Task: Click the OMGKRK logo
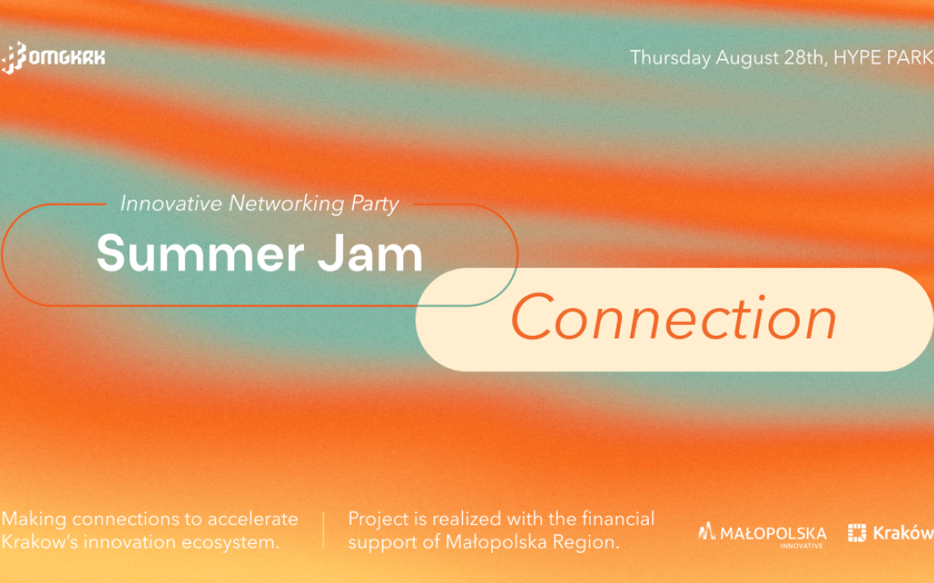(52, 57)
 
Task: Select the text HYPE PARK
(882, 57)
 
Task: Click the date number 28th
(803, 57)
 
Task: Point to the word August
(747, 58)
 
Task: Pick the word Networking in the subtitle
(287, 204)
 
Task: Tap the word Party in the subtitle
(374, 204)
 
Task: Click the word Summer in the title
(200, 254)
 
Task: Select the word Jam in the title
(370, 252)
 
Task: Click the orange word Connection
(673, 319)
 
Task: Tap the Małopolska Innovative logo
(763, 534)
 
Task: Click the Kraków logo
(891, 532)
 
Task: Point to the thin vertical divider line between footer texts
(324, 530)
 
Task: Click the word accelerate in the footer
(252, 518)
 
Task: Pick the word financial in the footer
(618, 518)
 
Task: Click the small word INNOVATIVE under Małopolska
(802, 545)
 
